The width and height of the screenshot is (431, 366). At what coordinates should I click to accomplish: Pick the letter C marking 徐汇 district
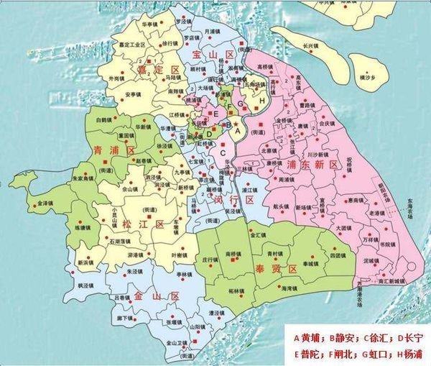tap(223, 152)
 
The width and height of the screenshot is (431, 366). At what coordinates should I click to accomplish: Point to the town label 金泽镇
tap(45, 203)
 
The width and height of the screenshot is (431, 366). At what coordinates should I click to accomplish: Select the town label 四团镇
tap(330, 255)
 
